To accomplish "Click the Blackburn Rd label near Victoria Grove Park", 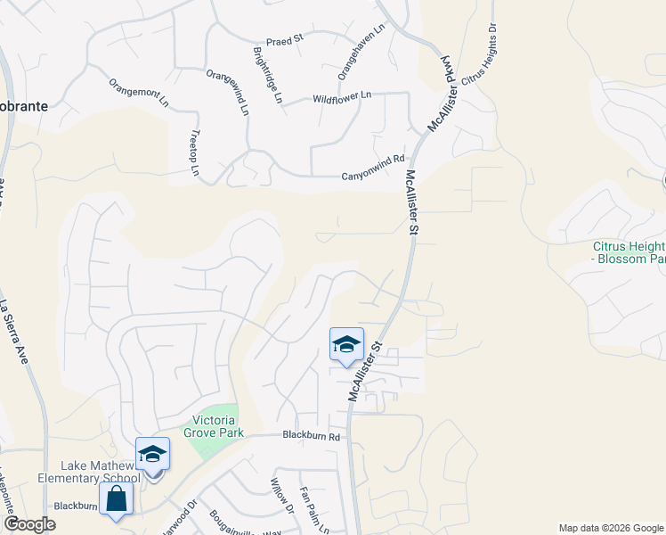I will click(x=312, y=436).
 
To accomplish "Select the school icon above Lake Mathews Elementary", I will click(x=152, y=455).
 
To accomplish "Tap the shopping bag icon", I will click(x=117, y=500).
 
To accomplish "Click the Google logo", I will click(x=28, y=523).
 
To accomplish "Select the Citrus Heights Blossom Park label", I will click(x=629, y=252).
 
